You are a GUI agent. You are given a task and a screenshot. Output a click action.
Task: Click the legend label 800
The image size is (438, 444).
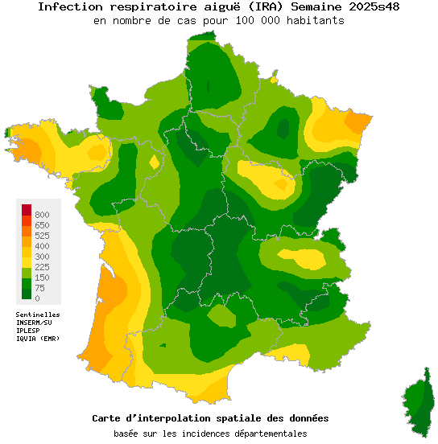tap(42, 215)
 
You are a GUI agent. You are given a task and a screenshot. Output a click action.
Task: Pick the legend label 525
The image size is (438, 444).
tap(42, 236)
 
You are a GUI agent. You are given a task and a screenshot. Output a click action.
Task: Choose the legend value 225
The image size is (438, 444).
tap(42, 267)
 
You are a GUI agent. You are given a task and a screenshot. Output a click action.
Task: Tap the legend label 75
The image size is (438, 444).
tap(39, 288)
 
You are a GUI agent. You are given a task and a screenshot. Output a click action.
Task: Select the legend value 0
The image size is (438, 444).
tap(37, 298)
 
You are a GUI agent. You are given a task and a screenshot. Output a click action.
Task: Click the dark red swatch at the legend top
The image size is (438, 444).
tap(27, 210)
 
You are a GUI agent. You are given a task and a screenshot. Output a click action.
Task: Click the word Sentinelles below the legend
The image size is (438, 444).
tap(38, 314)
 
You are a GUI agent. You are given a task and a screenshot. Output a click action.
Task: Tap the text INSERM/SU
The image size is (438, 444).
tap(34, 323)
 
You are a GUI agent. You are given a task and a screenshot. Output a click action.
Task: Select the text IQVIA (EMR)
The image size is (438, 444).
tap(38, 339)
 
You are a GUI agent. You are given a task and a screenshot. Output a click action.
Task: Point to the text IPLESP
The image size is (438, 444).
tap(28, 331)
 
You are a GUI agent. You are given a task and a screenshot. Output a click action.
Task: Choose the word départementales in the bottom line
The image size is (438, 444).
tap(267, 434)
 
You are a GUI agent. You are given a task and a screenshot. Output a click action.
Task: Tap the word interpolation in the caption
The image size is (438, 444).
tap(178, 418)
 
